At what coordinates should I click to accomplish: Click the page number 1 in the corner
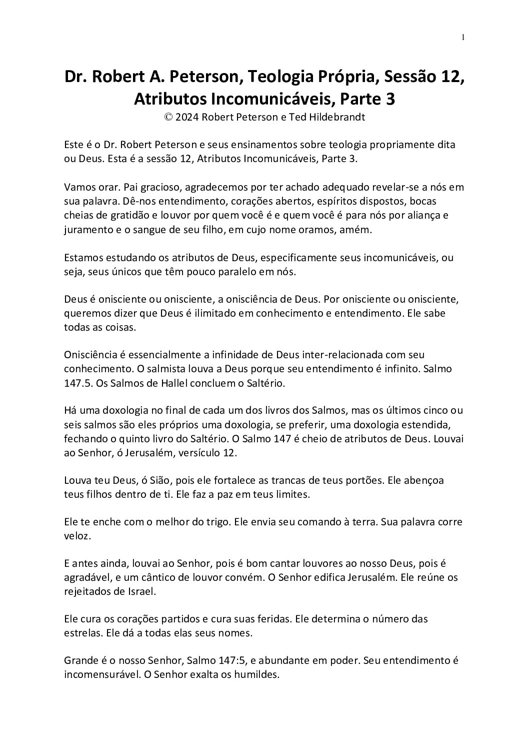[463, 37]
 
